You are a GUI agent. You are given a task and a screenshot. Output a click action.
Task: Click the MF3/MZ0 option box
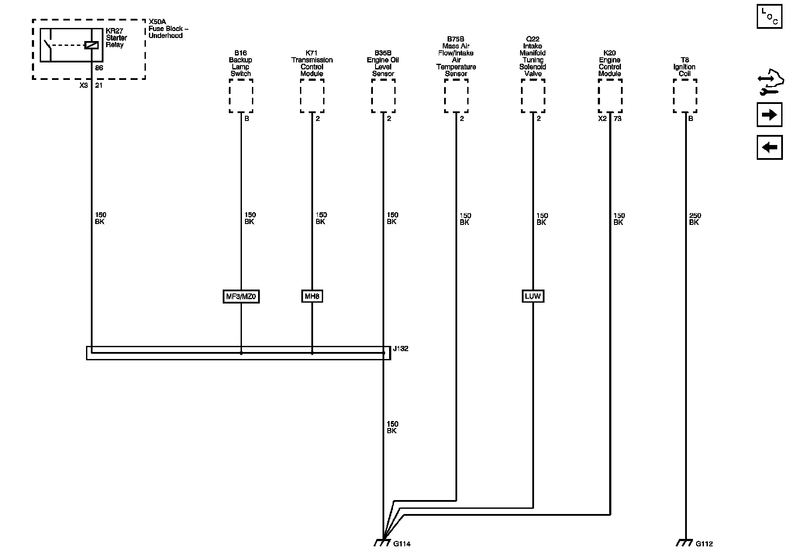[x=241, y=297]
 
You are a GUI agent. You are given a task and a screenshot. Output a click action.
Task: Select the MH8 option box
[x=312, y=297]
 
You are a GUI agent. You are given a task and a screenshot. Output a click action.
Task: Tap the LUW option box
[x=533, y=297]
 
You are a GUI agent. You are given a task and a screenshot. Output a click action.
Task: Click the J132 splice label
[x=400, y=349]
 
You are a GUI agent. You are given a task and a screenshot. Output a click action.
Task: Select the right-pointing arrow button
[x=769, y=115]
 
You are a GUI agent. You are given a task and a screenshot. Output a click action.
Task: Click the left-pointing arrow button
[x=769, y=147]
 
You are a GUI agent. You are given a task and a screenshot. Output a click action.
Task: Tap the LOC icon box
[x=769, y=17]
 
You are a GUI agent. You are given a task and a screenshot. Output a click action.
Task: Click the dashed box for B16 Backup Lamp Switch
[x=241, y=96]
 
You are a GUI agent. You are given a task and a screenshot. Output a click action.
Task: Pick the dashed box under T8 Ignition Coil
[x=685, y=96]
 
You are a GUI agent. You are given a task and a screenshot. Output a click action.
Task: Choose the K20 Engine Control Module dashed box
[x=610, y=96]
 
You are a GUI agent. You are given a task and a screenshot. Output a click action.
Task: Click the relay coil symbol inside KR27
[x=92, y=45]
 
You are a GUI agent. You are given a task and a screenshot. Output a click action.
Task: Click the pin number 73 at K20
[x=617, y=119]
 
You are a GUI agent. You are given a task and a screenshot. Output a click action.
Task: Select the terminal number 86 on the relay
[x=99, y=68]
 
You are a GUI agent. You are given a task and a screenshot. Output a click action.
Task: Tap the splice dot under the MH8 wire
[x=312, y=353]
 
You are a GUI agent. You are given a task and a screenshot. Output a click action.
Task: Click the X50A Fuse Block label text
[x=168, y=28]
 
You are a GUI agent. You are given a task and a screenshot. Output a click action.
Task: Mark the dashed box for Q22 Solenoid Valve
[x=533, y=96]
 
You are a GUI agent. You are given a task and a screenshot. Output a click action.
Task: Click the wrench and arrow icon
[x=769, y=84]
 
